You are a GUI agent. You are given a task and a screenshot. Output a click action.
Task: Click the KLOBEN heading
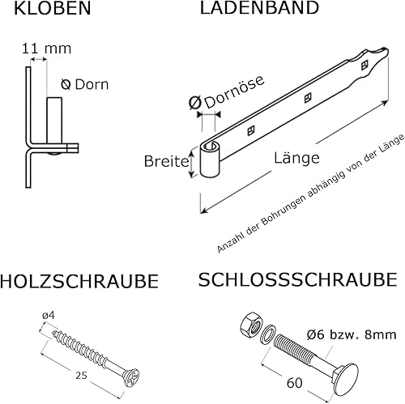coord(53,8)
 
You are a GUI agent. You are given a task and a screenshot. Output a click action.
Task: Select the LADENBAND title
coord(259,7)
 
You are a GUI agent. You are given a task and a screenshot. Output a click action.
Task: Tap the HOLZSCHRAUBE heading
coord(79,282)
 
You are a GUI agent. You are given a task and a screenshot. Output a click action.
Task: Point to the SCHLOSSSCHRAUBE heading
coord(297,280)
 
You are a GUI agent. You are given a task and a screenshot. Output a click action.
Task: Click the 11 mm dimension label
coord(46,49)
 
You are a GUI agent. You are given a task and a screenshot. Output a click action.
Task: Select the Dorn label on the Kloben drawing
coord(92,84)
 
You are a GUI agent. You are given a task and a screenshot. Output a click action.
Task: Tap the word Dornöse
coord(234,91)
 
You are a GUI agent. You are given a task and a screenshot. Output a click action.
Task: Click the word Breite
coord(166,161)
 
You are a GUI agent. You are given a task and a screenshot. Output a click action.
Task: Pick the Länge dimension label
coord(296,158)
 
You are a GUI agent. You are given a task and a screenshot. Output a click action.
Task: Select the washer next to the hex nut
coord(267,334)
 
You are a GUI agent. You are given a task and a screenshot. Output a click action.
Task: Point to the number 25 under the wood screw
coord(81,375)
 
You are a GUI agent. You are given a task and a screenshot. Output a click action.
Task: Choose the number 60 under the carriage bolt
coord(295,383)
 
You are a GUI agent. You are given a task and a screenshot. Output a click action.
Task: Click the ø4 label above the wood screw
coord(49,315)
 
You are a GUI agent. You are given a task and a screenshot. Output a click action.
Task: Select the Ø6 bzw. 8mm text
coord(352,335)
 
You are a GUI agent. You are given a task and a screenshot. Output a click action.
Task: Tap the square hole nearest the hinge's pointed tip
coord(364,64)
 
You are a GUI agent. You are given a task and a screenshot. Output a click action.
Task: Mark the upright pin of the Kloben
coord(54,121)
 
